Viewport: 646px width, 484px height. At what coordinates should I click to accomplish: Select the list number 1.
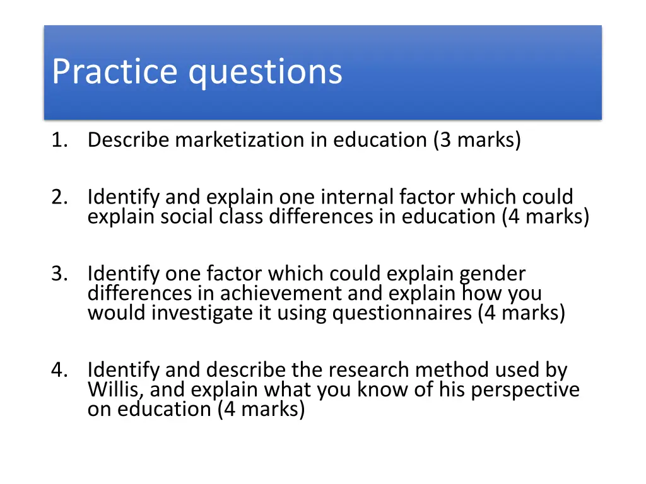[59, 140]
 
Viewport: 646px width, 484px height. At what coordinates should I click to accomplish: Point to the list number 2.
[59, 197]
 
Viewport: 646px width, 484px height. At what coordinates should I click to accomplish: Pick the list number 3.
[59, 274]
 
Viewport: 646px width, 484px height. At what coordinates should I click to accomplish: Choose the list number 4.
[59, 370]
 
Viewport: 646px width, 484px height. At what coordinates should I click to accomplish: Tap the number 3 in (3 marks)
[445, 140]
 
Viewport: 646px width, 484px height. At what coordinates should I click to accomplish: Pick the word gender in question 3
[492, 275]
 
